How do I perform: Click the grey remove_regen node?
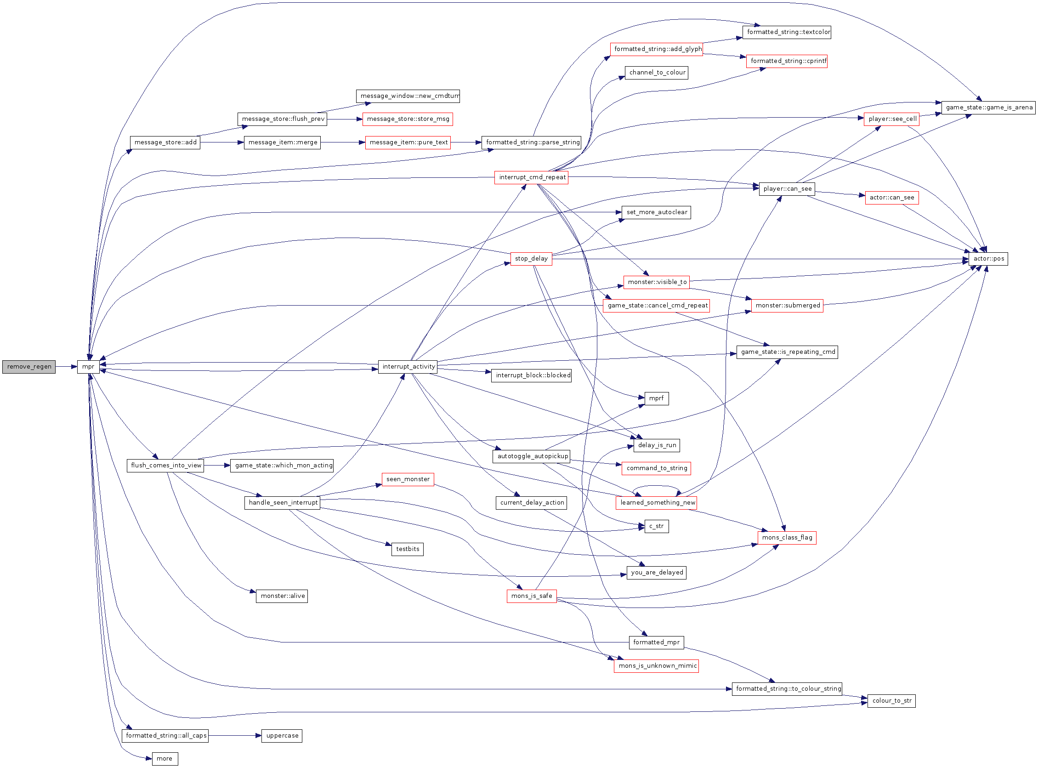click(29, 367)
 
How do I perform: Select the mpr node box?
click(88, 367)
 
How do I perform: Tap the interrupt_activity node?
click(408, 367)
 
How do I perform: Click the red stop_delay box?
click(531, 259)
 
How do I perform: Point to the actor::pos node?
click(988, 259)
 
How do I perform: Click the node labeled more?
click(164, 759)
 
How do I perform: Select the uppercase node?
click(282, 735)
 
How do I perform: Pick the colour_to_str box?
click(891, 701)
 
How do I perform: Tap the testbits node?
click(407, 549)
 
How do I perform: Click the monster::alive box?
click(282, 596)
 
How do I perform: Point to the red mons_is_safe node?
click(532, 596)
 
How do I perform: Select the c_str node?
click(657, 526)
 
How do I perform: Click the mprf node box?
click(657, 398)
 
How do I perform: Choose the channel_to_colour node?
click(657, 73)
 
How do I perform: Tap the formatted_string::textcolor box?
click(787, 32)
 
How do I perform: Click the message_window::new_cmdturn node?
click(408, 96)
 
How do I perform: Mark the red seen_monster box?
click(408, 479)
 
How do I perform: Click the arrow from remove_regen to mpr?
click(66, 367)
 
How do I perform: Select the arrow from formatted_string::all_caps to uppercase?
click(235, 735)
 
